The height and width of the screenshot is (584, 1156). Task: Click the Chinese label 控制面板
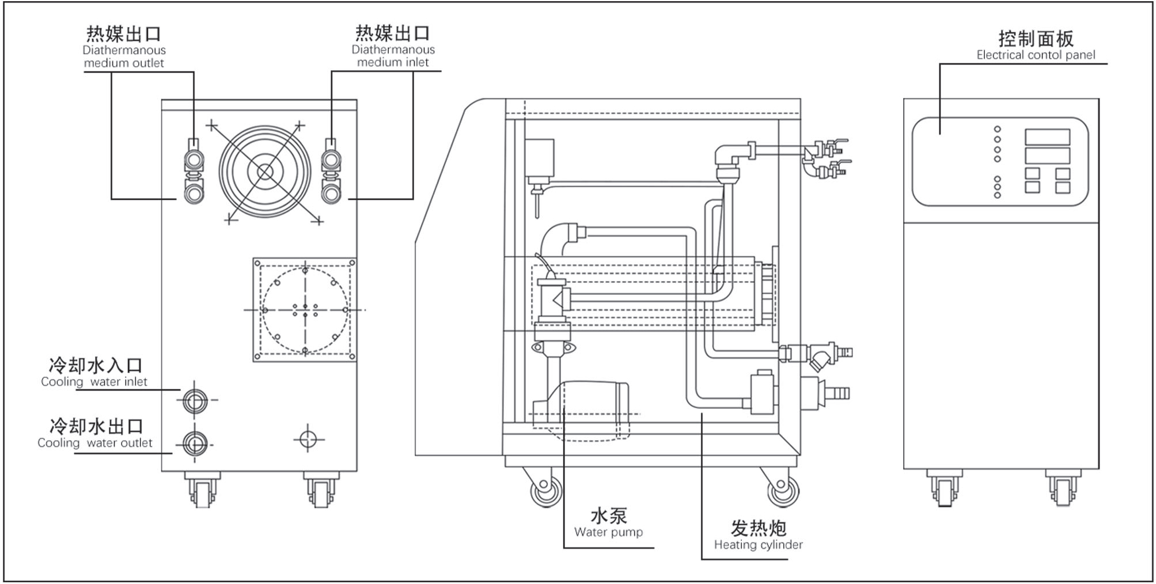point(1036,39)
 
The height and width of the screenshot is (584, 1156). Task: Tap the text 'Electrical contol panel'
point(1036,55)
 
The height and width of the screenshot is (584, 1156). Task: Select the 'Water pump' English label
point(608,532)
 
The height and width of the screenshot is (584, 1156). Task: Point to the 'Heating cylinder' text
point(758,545)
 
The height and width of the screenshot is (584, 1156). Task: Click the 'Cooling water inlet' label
point(94,382)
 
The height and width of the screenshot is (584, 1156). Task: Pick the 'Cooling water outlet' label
point(95,443)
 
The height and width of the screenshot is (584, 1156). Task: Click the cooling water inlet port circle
point(195,400)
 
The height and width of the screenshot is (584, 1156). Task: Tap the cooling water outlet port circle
point(195,444)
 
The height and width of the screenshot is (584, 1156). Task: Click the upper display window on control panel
point(1047,137)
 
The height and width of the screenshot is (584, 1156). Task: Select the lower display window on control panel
point(1047,156)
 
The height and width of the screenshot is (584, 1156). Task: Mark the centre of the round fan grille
point(264,172)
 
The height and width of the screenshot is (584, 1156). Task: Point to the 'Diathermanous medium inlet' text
point(393,56)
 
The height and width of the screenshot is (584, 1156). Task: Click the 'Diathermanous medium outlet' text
point(124,56)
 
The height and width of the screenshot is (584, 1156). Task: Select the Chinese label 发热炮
point(758,528)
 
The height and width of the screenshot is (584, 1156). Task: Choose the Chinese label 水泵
point(608,515)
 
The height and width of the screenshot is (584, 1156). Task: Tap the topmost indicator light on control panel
point(998,129)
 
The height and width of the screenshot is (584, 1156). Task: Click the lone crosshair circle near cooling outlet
point(308,439)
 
